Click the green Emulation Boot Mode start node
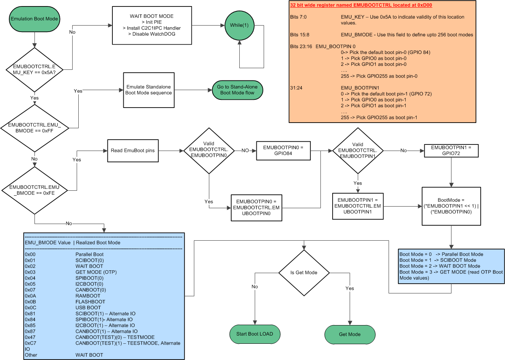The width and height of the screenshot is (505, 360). pos(34,19)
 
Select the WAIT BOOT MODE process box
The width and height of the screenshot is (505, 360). pos(151,25)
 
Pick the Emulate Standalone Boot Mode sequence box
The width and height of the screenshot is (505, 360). pos(148,90)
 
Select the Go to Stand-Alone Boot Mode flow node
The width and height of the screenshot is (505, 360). pos(237,90)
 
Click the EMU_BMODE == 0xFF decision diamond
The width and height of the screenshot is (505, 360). pos(34,127)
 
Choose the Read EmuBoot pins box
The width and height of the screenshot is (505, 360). pos(133,151)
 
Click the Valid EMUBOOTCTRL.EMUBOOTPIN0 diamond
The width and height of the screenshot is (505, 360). pos(208,151)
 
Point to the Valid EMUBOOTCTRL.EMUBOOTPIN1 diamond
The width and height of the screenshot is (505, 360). pos(357,151)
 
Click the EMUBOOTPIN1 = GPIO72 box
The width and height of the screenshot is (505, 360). pos(451,151)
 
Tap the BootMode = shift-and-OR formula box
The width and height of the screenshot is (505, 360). pos(451,206)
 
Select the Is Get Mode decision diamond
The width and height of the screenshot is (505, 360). pos(303,272)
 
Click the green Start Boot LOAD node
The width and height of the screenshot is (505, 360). pos(254,334)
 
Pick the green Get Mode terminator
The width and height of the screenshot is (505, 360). pos(350,334)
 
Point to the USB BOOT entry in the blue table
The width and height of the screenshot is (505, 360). pos(88,308)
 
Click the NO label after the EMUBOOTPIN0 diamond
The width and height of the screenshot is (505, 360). pos(245,151)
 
